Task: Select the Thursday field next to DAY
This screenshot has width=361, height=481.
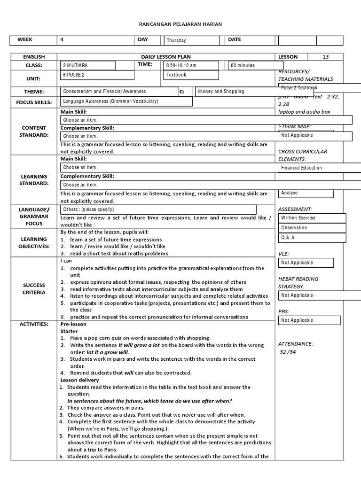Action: [x=191, y=41]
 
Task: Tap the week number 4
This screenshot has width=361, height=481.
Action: [x=62, y=39]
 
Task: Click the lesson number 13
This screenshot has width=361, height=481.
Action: [x=325, y=57]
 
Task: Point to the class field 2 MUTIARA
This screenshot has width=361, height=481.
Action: [x=87, y=66]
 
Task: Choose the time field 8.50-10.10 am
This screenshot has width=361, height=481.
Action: [x=191, y=66]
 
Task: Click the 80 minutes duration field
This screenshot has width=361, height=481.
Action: [x=251, y=66]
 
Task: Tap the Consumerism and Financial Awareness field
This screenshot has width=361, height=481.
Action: [x=119, y=92]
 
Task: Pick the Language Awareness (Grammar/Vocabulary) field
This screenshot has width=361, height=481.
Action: [x=126, y=101]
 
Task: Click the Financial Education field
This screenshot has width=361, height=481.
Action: [x=320, y=168]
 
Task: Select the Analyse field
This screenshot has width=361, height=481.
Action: [x=306, y=193]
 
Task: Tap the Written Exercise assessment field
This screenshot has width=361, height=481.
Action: [x=312, y=218]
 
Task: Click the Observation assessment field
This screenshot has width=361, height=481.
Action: [x=312, y=228]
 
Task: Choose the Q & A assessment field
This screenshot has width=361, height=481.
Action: [x=312, y=238]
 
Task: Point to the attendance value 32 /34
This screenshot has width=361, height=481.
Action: [x=288, y=352]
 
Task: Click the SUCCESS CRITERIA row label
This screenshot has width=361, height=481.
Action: [x=34, y=288]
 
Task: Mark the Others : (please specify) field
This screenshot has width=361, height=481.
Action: [x=158, y=209]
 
